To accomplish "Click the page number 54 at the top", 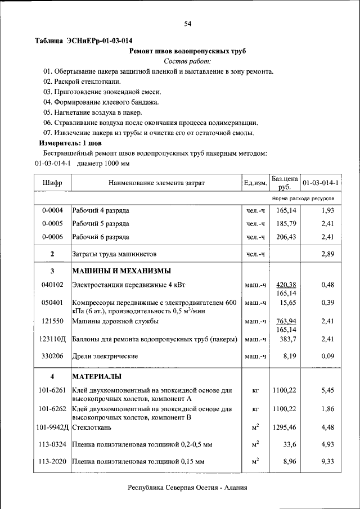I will tap(188, 23).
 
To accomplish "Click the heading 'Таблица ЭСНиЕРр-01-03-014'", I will tap(84, 41).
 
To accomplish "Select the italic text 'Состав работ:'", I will tap(187, 61).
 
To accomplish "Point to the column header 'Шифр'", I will tap(52, 183).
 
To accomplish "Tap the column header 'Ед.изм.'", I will tap(255, 183).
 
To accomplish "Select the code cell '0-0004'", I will tap(52, 210).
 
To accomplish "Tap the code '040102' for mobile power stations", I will tap(52, 285).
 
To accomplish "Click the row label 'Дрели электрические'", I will tap(105, 357).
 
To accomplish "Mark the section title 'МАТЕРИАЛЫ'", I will tap(97, 376).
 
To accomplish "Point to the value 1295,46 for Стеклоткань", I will tap(284, 428).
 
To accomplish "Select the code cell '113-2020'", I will tap(52, 462).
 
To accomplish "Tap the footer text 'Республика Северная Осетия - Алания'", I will tap(187, 488).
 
